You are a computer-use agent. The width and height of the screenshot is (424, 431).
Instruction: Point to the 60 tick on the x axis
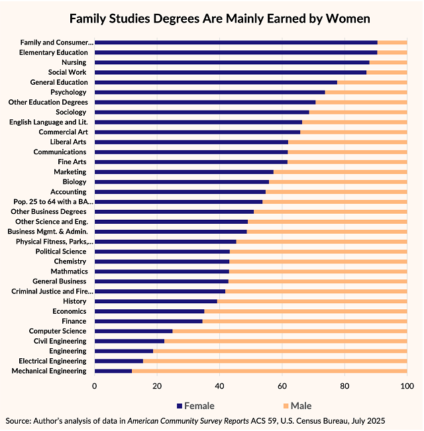(x=282, y=385)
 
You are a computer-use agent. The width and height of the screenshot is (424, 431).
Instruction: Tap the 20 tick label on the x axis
(x=157, y=385)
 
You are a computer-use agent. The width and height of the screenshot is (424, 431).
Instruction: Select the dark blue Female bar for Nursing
(x=232, y=62)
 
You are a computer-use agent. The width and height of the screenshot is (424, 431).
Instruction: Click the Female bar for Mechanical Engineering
(x=113, y=371)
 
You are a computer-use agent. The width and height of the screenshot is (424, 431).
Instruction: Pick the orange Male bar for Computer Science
(x=290, y=331)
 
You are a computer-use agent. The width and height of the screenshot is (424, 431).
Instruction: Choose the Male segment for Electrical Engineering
(x=275, y=361)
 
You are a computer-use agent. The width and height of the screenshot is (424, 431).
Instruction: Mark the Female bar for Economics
(x=150, y=311)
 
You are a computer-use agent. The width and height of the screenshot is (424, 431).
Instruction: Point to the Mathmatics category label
(x=68, y=271)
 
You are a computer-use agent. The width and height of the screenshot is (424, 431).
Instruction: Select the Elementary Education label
(x=54, y=52)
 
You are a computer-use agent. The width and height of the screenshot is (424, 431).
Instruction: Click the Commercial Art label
(x=62, y=132)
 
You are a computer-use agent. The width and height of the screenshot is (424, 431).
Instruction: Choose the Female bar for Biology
(x=182, y=181)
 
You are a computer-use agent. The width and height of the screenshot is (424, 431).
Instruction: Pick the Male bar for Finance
(x=305, y=321)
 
